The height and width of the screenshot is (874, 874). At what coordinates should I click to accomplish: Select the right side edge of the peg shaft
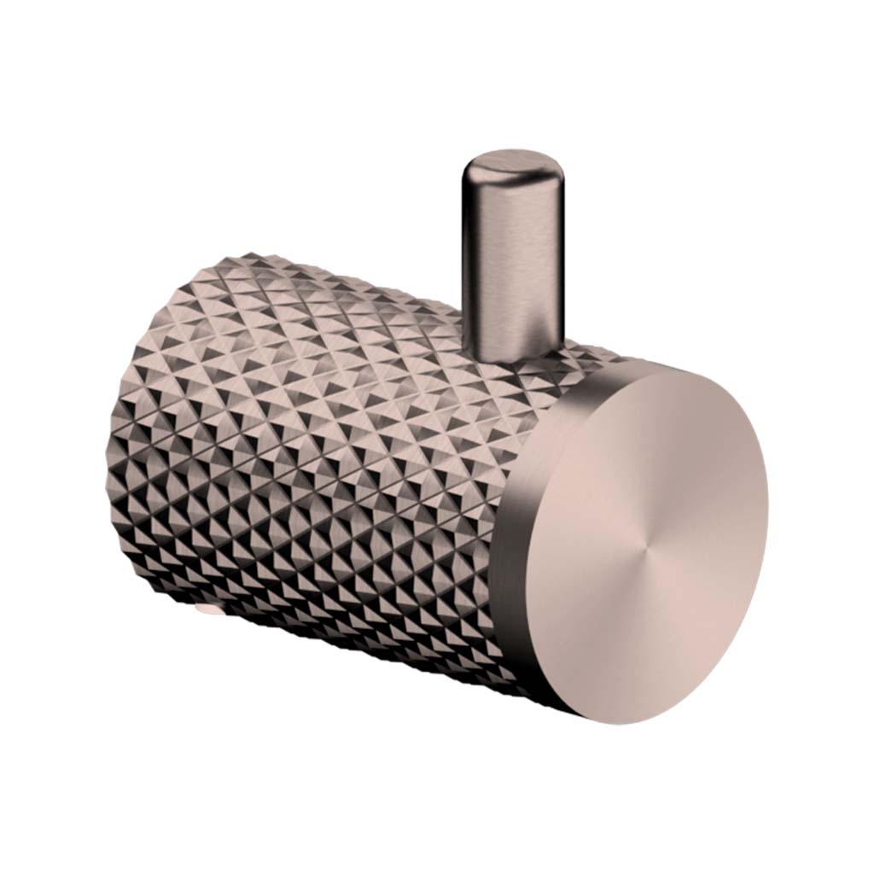coord(559,256)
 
